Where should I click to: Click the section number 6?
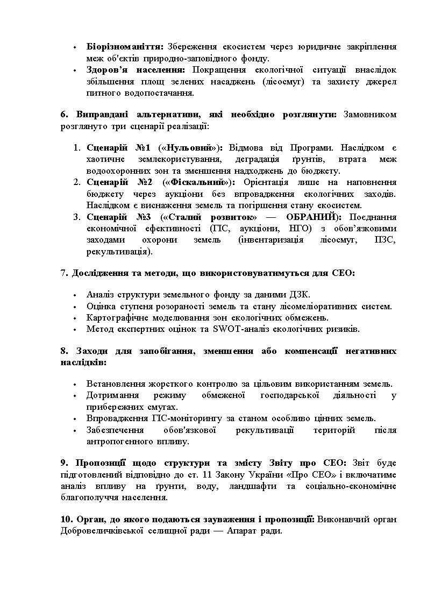point(63,115)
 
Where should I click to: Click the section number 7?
point(63,273)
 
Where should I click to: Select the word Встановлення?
point(113,384)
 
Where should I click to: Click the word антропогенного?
point(120,442)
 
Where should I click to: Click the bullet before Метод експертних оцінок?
point(75,329)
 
